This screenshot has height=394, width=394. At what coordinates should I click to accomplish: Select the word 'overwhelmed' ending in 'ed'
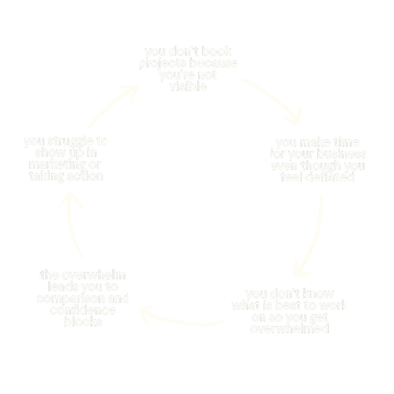click(x=290, y=329)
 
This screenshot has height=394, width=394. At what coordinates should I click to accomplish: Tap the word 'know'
click(x=317, y=293)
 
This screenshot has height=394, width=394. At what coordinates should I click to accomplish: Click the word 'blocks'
click(x=83, y=321)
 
